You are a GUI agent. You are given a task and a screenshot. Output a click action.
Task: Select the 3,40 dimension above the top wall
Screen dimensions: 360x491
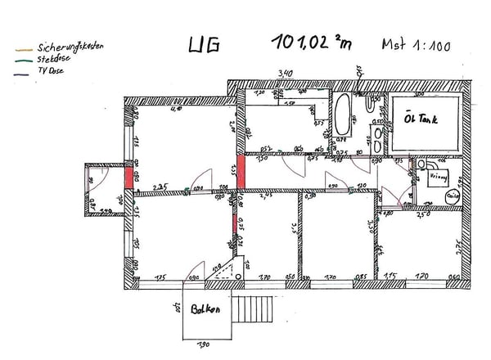click(x=285, y=74)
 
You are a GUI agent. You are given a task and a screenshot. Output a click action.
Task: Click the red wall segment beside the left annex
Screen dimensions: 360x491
click(x=128, y=178)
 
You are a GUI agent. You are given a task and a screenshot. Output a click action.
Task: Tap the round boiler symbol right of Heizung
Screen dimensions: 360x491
click(x=453, y=196)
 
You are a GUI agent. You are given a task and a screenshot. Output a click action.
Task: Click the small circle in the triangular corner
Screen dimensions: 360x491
click(x=238, y=277)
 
